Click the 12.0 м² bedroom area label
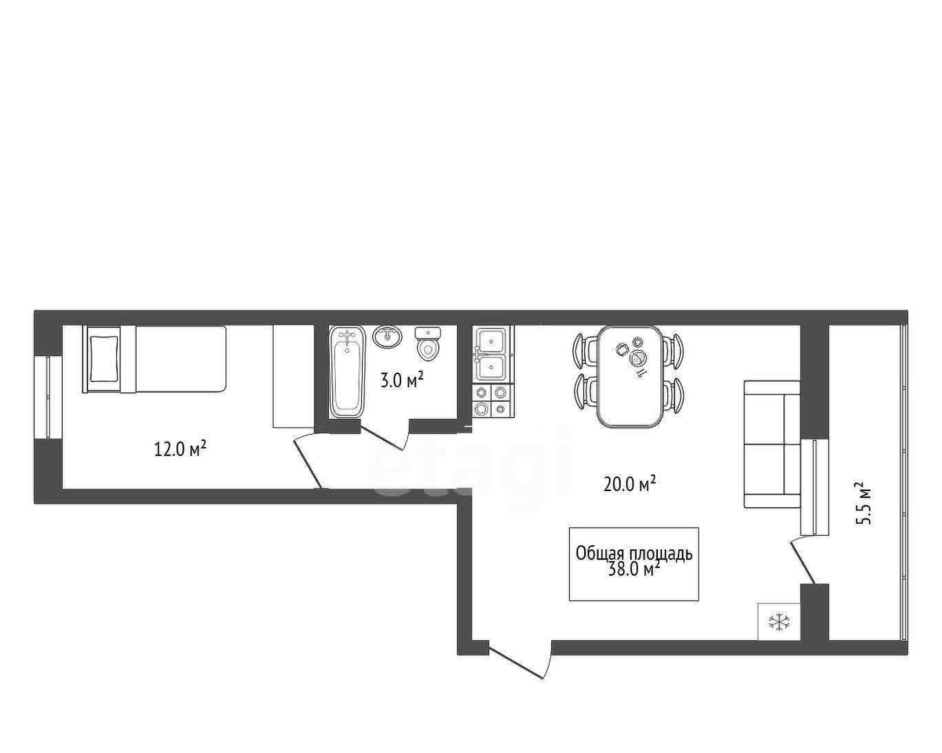point(181,449)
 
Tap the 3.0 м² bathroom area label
point(401,380)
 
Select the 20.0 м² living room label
point(630,484)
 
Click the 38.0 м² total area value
point(634,569)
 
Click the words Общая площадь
point(634,555)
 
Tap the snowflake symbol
point(780,622)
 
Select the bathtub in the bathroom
point(347,372)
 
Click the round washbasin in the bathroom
point(388,337)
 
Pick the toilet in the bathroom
point(428,344)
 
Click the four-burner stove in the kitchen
point(494,400)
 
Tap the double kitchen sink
point(494,355)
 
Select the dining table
point(630,376)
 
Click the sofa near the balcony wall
point(772,444)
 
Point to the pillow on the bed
point(104,359)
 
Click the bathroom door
point(385,435)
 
